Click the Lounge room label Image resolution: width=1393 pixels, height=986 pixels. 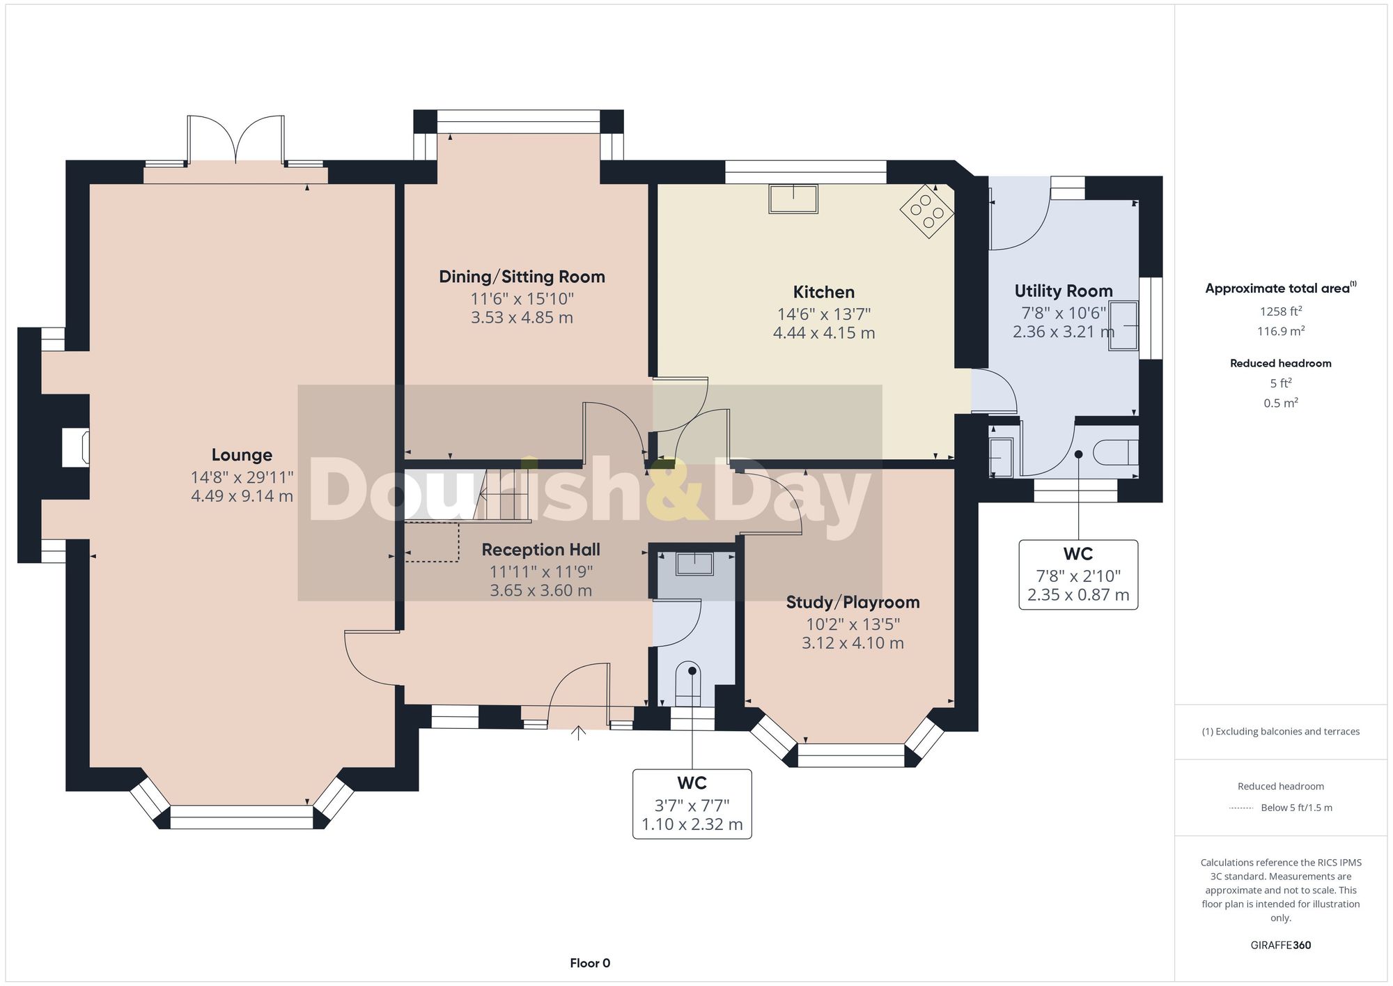pyautogui.click(x=242, y=455)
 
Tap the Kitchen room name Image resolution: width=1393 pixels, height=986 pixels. pyautogui.click(x=824, y=292)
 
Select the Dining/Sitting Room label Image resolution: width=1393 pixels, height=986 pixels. pyautogui.click(x=522, y=277)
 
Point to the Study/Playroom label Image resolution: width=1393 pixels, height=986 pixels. pyautogui.click(x=853, y=602)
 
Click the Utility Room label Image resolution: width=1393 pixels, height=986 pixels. pyautogui.click(x=1064, y=291)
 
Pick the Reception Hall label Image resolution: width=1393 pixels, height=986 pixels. pyautogui.click(x=540, y=550)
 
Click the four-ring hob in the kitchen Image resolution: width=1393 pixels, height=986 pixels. pyautogui.click(x=927, y=211)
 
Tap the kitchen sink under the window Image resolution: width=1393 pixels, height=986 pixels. pyautogui.click(x=793, y=199)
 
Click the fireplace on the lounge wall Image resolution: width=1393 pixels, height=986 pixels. pyautogui.click(x=76, y=447)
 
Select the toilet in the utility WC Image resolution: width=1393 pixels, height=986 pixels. pyautogui.click(x=1116, y=453)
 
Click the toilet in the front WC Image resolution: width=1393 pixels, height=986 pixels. pyautogui.click(x=690, y=684)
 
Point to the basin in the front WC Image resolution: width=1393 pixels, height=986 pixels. pyautogui.click(x=695, y=564)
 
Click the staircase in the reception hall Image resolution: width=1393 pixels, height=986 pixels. pyautogui.click(x=468, y=495)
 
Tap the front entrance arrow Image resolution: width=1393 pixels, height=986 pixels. pyautogui.click(x=578, y=733)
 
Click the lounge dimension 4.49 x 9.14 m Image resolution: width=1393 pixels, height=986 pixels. pyautogui.click(x=242, y=496)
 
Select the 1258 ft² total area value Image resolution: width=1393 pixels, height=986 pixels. pyautogui.click(x=1281, y=311)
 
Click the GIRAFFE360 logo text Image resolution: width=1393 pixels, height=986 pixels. pyautogui.click(x=1281, y=945)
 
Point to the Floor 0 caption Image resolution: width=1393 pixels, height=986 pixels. pyautogui.click(x=590, y=963)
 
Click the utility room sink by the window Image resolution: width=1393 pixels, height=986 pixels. pyautogui.click(x=1123, y=325)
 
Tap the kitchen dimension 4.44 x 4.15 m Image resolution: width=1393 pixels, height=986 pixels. pyautogui.click(x=824, y=333)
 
